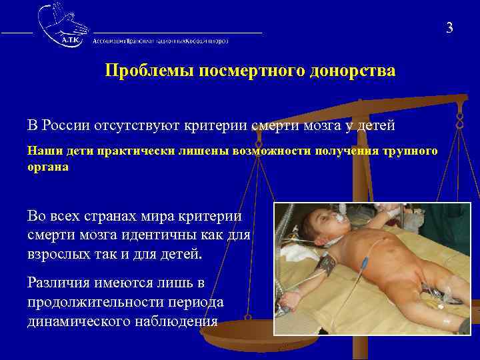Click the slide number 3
pos(449,27)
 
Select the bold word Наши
pos(41,151)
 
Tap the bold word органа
pos(47,167)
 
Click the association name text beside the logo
pos(161,41)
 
